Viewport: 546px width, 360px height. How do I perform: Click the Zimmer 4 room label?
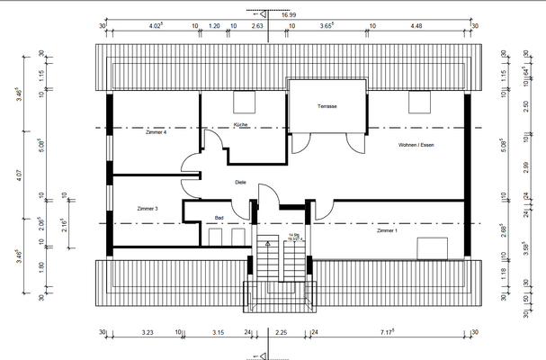coord(156,132)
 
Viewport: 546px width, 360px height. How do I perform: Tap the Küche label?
coord(240,124)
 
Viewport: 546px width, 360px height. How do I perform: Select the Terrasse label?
coord(327,106)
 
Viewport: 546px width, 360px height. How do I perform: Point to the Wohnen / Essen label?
coord(416,145)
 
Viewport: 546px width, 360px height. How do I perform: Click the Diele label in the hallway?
coord(240,182)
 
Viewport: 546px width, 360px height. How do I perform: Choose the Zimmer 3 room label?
coord(148,209)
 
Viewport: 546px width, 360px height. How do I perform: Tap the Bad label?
coord(219,217)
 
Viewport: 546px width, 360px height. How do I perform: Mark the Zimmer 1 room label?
coord(388,231)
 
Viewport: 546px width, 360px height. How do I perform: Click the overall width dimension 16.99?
coord(289,15)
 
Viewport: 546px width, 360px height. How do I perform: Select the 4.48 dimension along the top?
coord(416,26)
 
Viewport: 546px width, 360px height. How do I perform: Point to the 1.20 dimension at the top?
coord(215,26)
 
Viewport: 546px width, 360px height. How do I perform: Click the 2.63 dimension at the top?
coord(257,26)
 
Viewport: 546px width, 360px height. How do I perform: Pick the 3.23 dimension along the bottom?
coord(148,333)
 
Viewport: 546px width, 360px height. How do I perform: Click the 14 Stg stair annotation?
coord(293,236)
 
